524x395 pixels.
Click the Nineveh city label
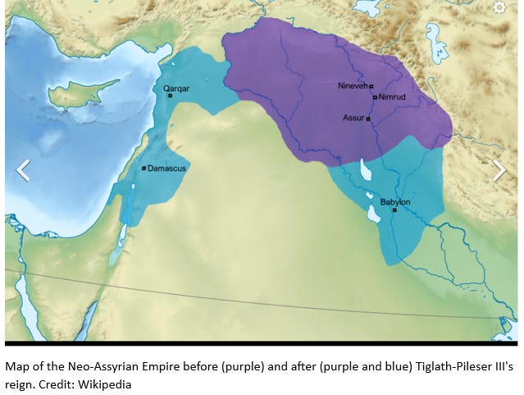click(352, 85)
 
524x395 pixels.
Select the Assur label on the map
click(353, 118)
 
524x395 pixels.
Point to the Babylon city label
click(395, 202)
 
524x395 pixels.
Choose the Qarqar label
click(176, 88)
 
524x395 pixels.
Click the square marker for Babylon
click(394, 210)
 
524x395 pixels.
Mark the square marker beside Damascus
click(144, 168)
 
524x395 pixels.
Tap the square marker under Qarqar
click(170, 95)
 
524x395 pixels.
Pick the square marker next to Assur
click(368, 119)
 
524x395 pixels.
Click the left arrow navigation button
click(23, 170)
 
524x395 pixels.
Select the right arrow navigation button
click(499, 170)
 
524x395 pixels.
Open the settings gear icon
click(499, 8)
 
